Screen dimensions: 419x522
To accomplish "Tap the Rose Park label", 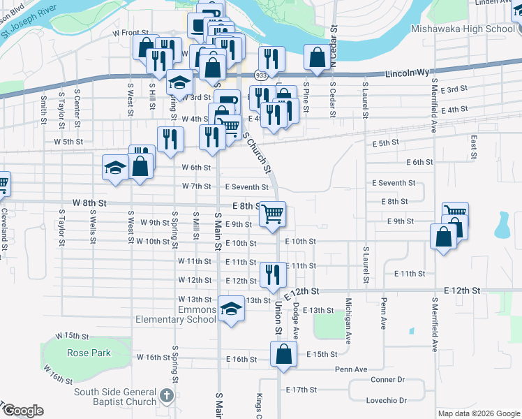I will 89,353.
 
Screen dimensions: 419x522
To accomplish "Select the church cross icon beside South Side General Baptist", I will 166,396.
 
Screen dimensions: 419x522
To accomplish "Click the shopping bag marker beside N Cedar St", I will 317,57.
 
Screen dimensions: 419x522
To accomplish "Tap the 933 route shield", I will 260,75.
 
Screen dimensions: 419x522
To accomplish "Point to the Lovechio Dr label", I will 386,400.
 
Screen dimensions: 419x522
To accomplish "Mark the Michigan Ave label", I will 348,322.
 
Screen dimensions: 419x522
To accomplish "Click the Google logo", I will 22,411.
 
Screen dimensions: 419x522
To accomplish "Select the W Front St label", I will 130,33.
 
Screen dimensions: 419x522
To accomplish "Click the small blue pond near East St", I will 501,225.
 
